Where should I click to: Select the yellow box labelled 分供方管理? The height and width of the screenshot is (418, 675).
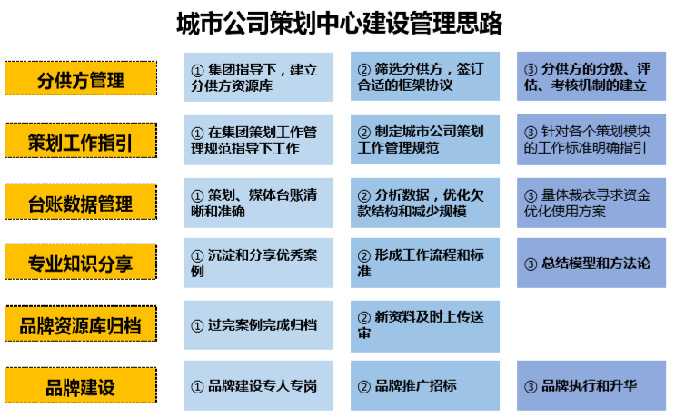pyautogui.click(x=81, y=79)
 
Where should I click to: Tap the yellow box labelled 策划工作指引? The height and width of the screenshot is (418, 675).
pyautogui.click(x=81, y=142)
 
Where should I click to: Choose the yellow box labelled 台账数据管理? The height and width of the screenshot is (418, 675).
pyautogui.click(x=81, y=203)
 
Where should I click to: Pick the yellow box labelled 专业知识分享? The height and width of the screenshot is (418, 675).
pyautogui.click(x=81, y=264)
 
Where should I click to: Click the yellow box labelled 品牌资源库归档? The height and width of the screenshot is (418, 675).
pyautogui.click(x=81, y=324)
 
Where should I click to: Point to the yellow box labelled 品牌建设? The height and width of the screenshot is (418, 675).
pyautogui.click(x=81, y=386)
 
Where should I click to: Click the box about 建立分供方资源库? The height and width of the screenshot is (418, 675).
pyautogui.click(x=258, y=77)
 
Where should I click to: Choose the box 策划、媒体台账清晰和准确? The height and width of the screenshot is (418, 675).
pyautogui.click(x=258, y=203)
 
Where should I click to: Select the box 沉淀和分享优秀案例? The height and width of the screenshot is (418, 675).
pyautogui.click(x=258, y=264)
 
